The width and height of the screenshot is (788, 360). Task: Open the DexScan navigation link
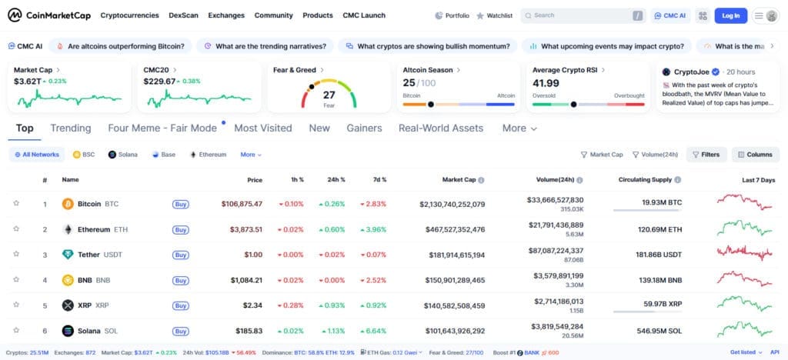pos(182,15)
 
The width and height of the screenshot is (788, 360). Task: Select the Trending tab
pos(71,128)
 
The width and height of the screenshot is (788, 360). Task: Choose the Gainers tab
pos(364,128)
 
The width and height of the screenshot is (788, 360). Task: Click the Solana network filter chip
pos(123,155)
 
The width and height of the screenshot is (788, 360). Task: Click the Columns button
pos(755,155)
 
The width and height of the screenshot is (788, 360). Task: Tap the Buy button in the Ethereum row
pos(181,229)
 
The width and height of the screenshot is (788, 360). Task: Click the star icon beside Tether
pos(16,254)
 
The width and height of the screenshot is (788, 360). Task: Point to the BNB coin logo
pos(68,280)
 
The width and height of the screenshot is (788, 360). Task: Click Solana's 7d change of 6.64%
pos(372,331)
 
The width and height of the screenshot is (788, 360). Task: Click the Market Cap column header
pos(459,180)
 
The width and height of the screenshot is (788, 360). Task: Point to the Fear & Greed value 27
pos(329,95)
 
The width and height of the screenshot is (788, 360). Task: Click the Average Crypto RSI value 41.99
pos(546,83)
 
